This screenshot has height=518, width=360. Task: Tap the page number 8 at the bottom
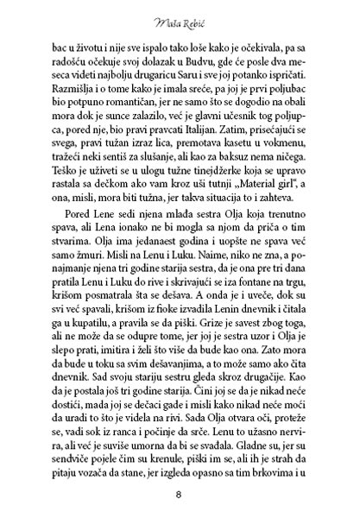tap(180, 495)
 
